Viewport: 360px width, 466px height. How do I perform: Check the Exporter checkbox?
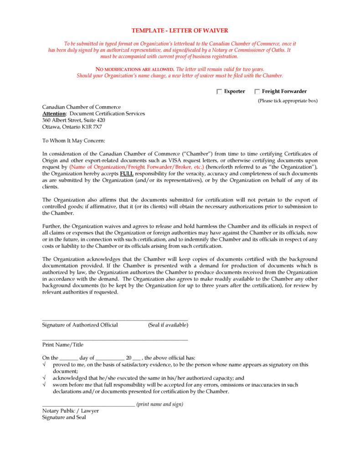click(x=219, y=92)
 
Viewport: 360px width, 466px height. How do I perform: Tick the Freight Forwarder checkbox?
click(x=257, y=92)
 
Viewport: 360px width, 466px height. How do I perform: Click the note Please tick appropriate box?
click(x=288, y=101)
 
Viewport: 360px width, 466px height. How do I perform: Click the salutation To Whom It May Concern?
click(x=73, y=141)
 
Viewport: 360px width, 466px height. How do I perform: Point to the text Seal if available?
click(x=168, y=325)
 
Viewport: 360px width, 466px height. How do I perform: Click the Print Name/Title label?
click(x=62, y=345)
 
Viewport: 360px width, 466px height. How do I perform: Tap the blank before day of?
click(x=69, y=358)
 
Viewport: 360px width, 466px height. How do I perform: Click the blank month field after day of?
click(x=110, y=358)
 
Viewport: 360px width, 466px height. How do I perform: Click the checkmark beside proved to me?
click(x=44, y=365)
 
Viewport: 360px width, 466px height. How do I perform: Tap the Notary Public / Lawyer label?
click(x=70, y=411)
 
